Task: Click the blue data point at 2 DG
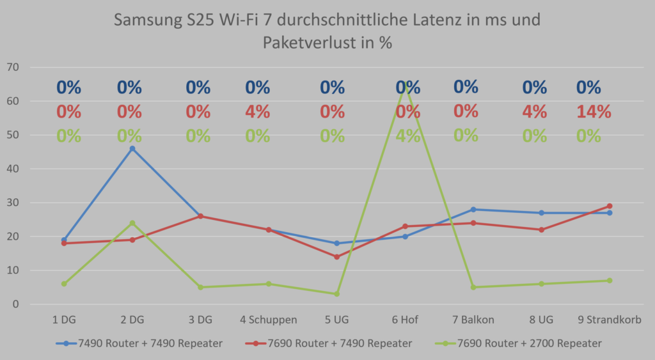[x=132, y=148]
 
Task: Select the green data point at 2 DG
[x=132, y=223]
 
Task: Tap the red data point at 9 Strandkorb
[x=610, y=206]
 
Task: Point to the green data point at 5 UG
[x=336, y=294]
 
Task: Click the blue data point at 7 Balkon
[x=473, y=210]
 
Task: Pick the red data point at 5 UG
[x=336, y=257]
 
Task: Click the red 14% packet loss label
[x=593, y=112]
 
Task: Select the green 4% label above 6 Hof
[x=407, y=136]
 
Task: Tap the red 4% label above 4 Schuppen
[x=257, y=112]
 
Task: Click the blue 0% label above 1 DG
[x=68, y=88]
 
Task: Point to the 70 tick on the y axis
[x=13, y=67]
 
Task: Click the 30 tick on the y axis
[x=13, y=203]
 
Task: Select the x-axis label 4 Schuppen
[x=269, y=320]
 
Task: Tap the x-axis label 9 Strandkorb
[x=610, y=320]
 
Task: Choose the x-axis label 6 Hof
[x=405, y=320]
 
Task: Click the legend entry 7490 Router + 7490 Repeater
[x=150, y=343]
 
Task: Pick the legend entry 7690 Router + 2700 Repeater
[x=529, y=343]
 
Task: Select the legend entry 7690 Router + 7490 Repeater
[x=339, y=343]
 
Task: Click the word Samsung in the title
[x=149, y=20]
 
